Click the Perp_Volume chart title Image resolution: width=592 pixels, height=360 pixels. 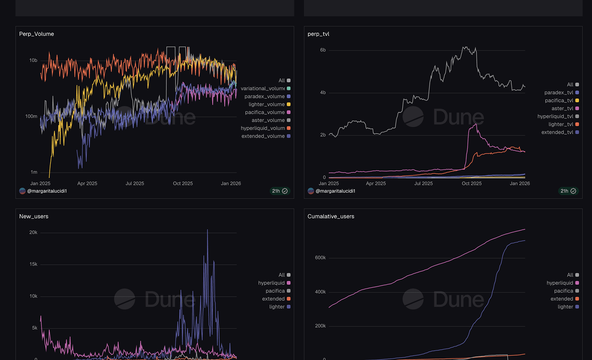[x=36, y=34]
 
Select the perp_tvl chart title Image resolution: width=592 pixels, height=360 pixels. [x=318, y=34]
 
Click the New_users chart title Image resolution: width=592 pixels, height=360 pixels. [x=33, y=216]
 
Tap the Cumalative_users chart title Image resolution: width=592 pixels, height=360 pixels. [x=331, y=216]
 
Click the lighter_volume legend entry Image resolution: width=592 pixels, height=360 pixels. [x=267, y=104]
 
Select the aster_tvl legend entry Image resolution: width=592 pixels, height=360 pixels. [x=562, y=108]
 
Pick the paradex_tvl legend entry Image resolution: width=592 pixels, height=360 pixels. [x=559, y=92]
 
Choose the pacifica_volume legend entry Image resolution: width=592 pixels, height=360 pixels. [x=265, y=112]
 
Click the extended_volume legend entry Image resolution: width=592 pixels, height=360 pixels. [x=263, y=136]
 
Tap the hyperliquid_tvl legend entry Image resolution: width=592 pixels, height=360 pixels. [x=555, y=116]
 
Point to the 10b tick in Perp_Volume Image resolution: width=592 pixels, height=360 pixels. [x=33, y=60]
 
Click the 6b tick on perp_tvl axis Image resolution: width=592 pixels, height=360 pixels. [x=323, y=50]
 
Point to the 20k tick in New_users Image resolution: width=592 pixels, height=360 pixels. [x=33, y=233]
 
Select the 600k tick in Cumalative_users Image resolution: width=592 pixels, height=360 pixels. [x=320, y=258]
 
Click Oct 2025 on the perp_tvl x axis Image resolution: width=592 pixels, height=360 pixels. [x=471, y=183]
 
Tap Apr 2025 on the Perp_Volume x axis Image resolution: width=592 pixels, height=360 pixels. [x=87, y=183]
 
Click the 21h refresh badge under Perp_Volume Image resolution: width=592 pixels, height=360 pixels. [x=279, y=191]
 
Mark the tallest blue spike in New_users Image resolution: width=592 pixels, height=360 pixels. [x=207, y=230]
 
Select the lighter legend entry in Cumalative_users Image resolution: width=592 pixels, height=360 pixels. [x=565, y=307]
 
